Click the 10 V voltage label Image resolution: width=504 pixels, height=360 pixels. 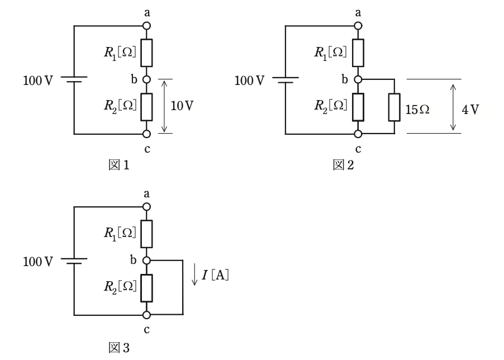click(182, 106)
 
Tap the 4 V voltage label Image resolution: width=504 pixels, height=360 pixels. click(470, 110)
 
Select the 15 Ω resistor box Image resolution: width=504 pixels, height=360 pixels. click(394, 107)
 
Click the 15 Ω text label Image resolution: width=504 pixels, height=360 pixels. click(417, 110)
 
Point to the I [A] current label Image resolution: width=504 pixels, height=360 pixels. click(215, 275)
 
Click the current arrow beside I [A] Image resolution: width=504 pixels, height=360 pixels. click(194, 274)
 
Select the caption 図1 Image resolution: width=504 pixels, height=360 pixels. click(119, 165)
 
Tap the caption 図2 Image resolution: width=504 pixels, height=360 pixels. click(343, 165)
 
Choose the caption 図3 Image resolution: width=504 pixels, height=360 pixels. click(119, 348)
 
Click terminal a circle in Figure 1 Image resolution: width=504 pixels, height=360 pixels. click(146, 26)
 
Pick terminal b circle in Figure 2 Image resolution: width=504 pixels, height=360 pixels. click(358, 79)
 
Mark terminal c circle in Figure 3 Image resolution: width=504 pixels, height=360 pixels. click(146, 315)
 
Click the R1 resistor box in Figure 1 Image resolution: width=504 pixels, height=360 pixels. click(146, 53)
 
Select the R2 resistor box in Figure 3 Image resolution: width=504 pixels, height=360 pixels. click(146, 288)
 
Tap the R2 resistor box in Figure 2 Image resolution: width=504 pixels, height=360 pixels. click(358, 107)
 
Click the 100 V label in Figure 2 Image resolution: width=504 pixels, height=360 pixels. click(249, 80)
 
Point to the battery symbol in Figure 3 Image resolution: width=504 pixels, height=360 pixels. click(74, 261)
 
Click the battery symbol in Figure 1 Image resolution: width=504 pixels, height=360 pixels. click(74, 79)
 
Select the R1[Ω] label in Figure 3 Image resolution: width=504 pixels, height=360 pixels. click(120, 233)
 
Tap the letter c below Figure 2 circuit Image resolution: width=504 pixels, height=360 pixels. click(358, 149)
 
